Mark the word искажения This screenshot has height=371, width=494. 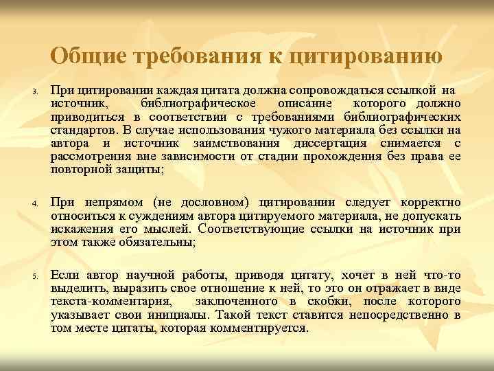click(x=79, y=227)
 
